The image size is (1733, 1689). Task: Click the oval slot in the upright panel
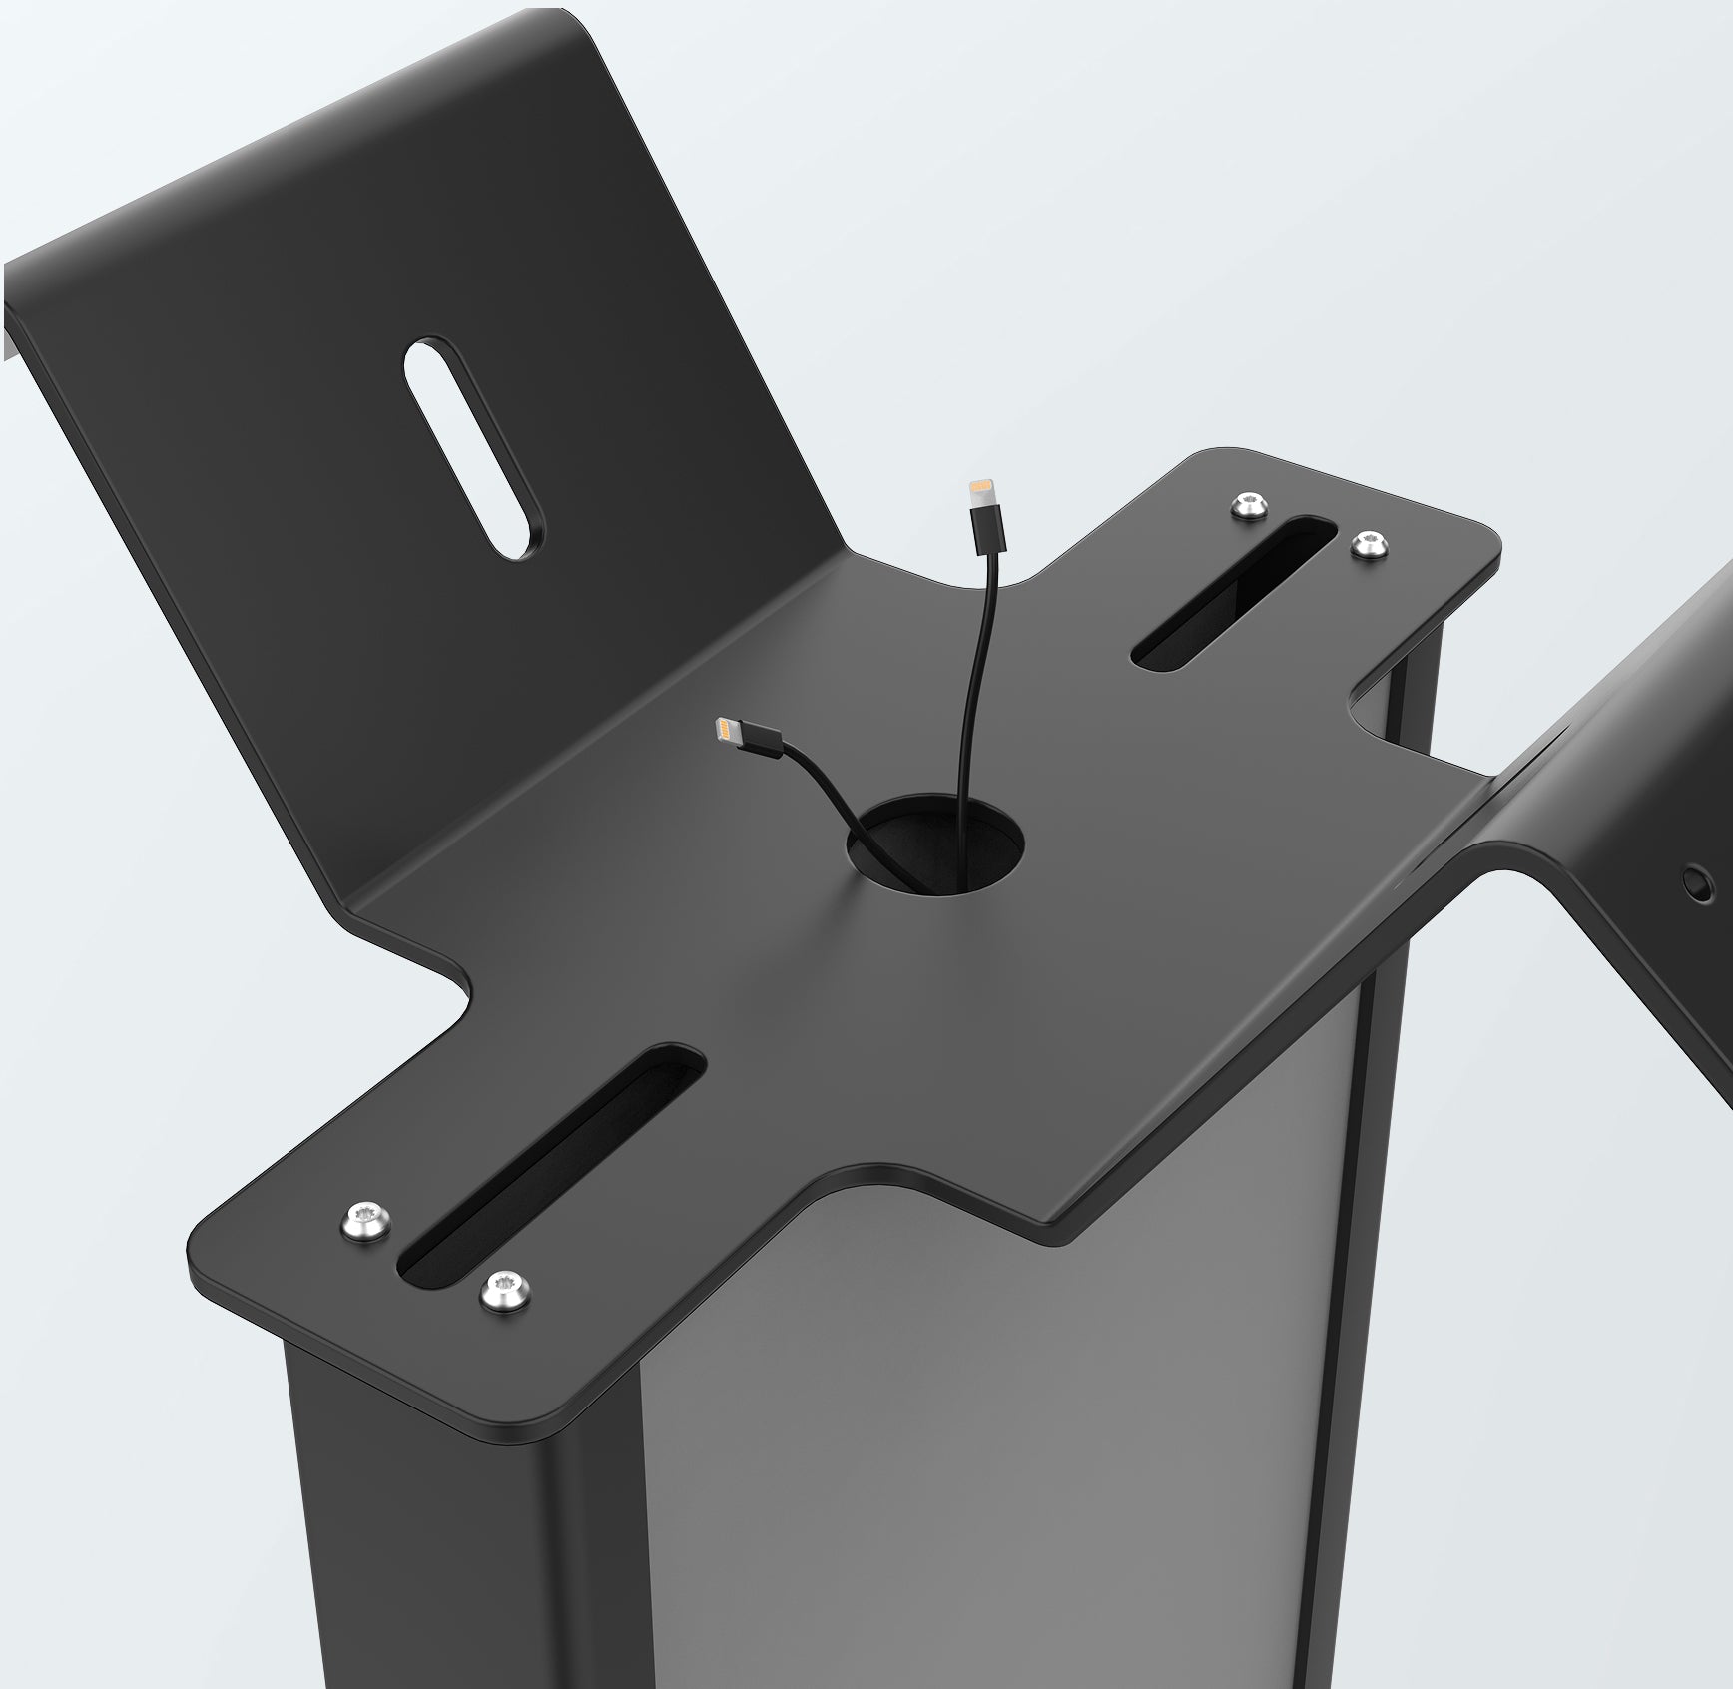[474, 446]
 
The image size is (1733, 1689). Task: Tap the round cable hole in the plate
[935, 844]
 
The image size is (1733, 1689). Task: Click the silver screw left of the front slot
[365, 1221]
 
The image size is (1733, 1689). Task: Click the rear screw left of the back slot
[1250, 505]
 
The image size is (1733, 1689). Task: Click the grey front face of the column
[998, 1447]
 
